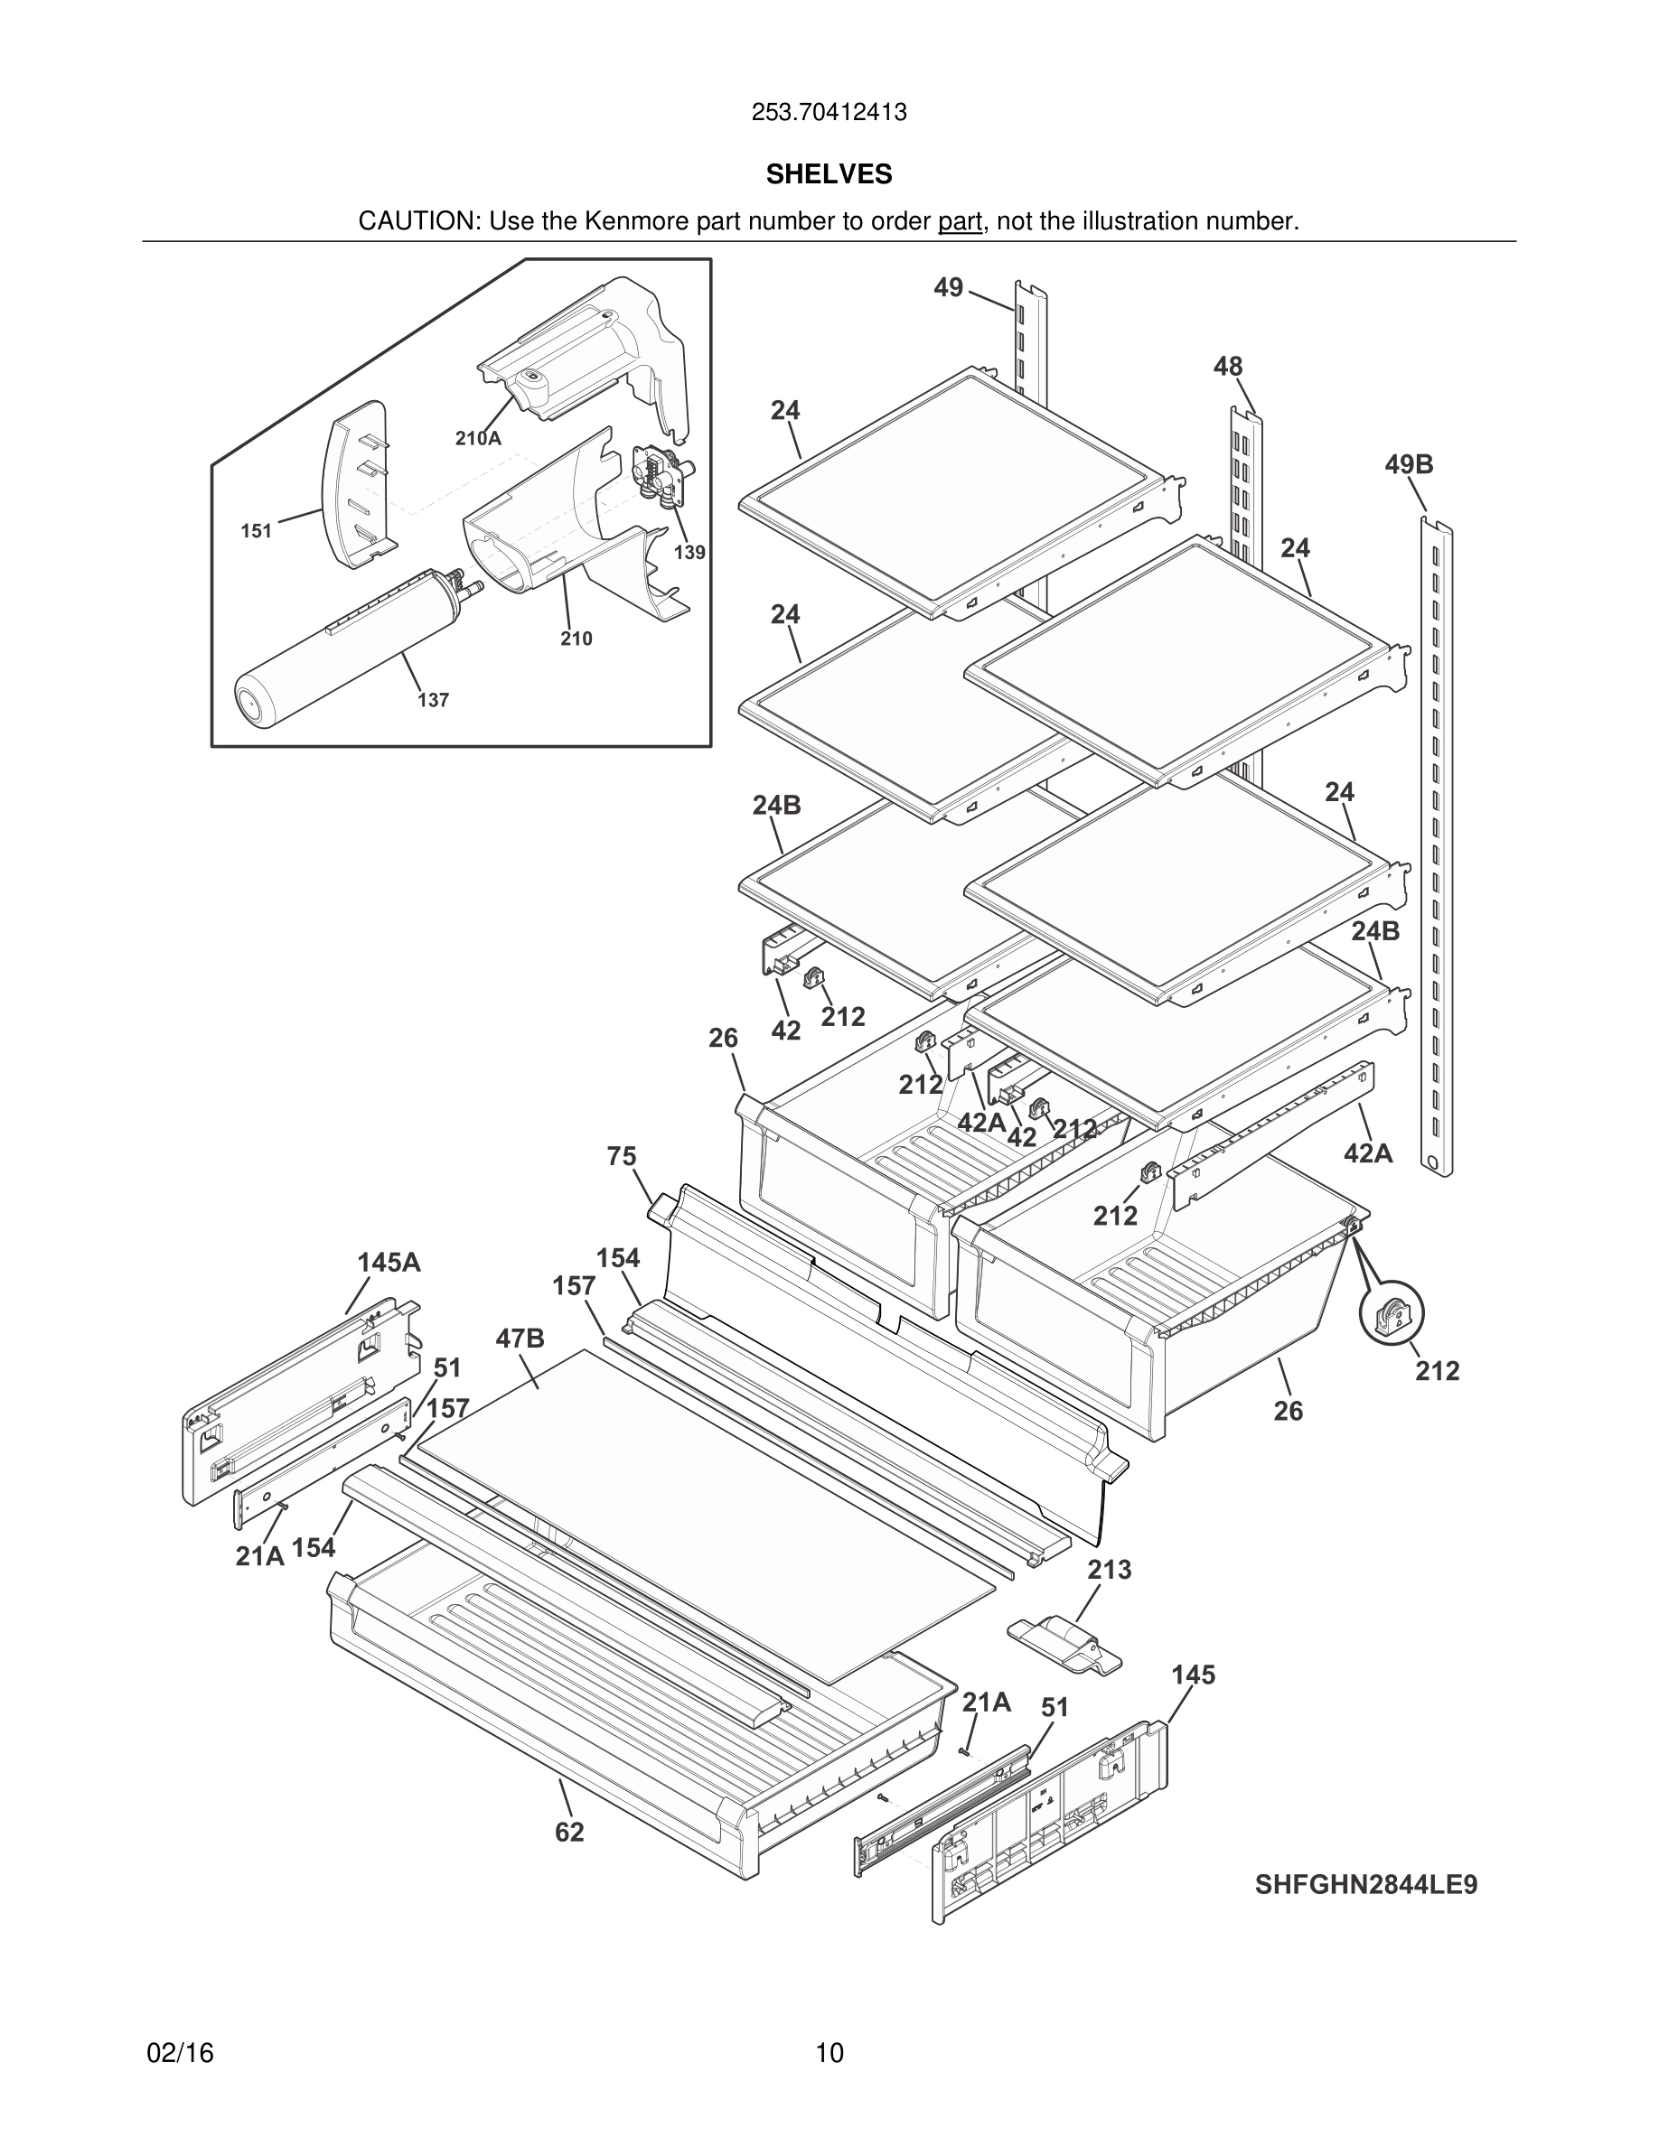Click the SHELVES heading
coord(829,174)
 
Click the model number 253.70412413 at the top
coord(829,113)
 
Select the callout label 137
coord(433,701)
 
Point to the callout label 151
coord(257,532)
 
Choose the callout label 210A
coord(478,439)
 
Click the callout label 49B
coord(1409,465)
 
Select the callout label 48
coord(1228,367)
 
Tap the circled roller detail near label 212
coord(1392,1316)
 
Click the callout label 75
coord(621,1156)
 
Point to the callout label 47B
coord(520,1339)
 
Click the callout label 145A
coord(389,1263)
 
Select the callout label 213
coord(1110,1570)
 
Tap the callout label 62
coord(569,1833)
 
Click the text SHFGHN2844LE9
coord(1365,1885)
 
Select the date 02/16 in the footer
coord(180,2053)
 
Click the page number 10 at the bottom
coord(829,2053)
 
